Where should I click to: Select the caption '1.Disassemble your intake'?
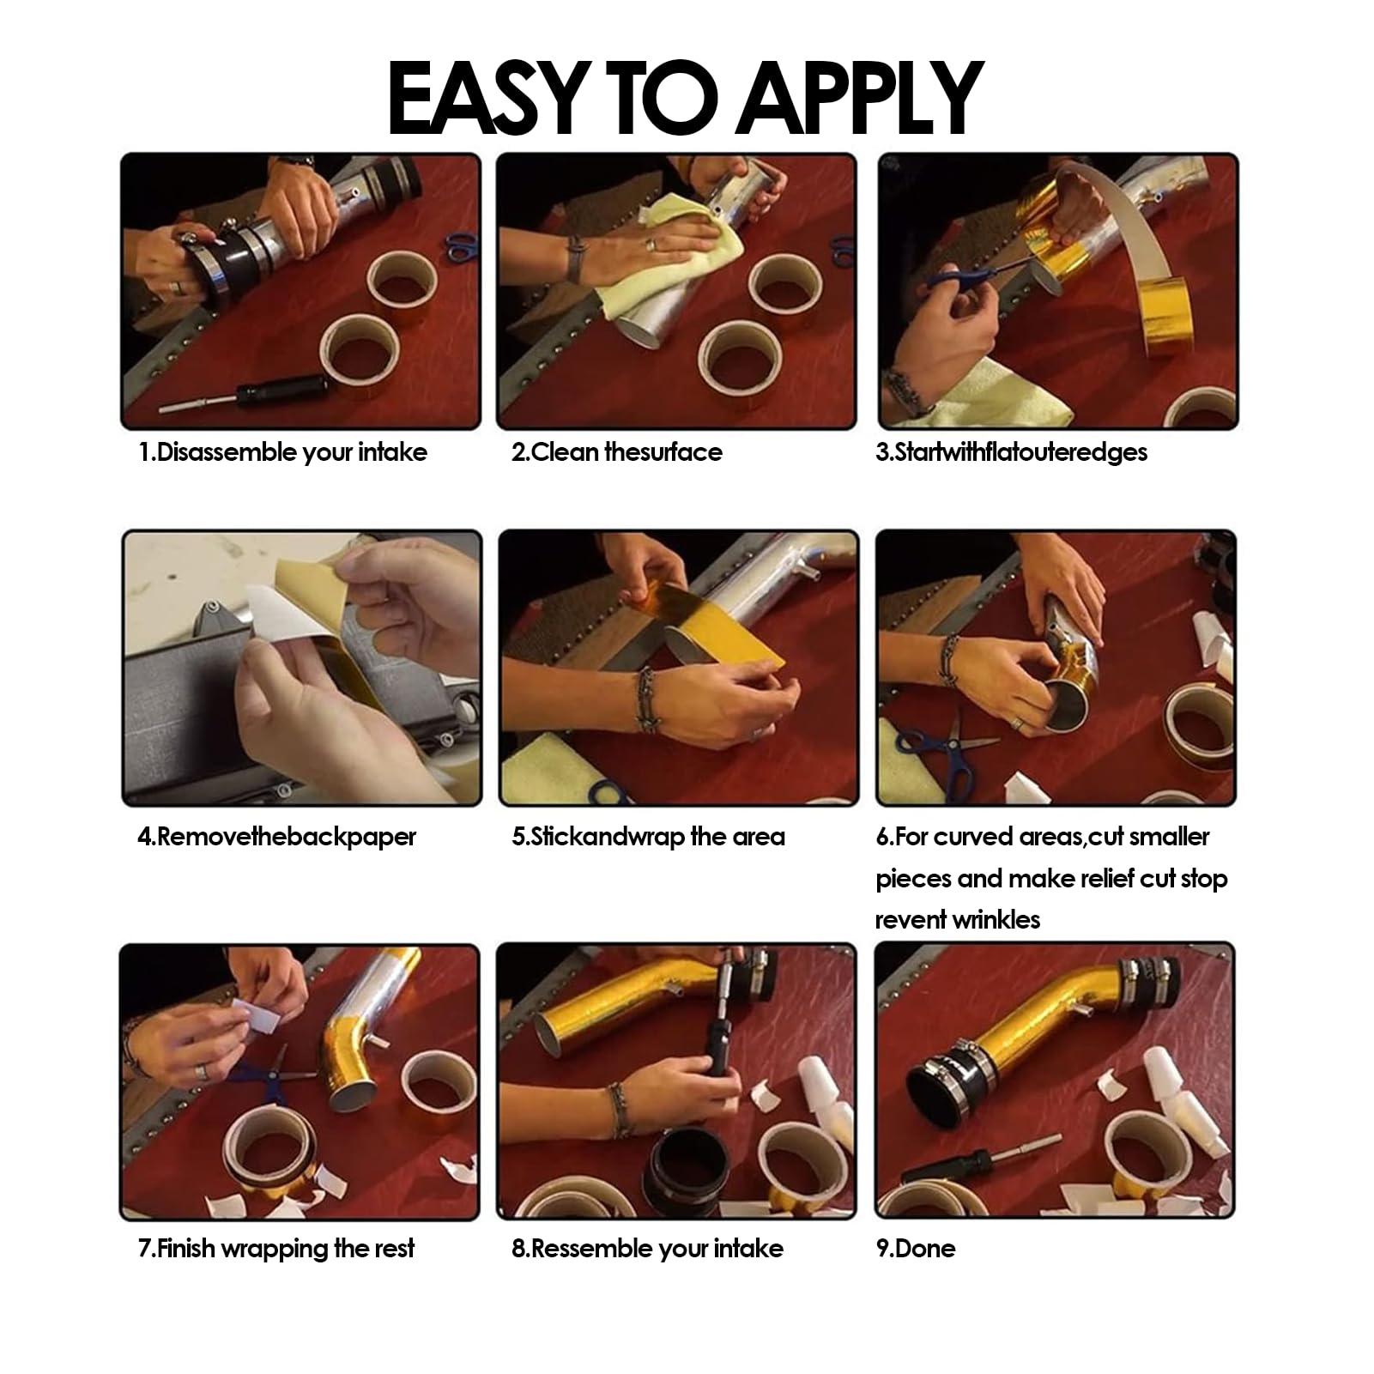pyautogui.click(x=283, y=452)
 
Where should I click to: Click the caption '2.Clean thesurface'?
pyautogui.click(x=617, y=452)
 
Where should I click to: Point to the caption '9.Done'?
pyautogui.click(x=916, y=1248)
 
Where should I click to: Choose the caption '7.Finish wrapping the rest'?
pyautogui.click(x=276, y=1248)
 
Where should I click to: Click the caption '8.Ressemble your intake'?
pyautogui.click(x=648, y=1248)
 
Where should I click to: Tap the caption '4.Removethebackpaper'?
pyautogui.click(x=277, y=837)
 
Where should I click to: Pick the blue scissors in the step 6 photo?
pyautogui.click(x=944, y=755)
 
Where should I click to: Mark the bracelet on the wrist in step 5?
pyautogui.click(x=644, y=699)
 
